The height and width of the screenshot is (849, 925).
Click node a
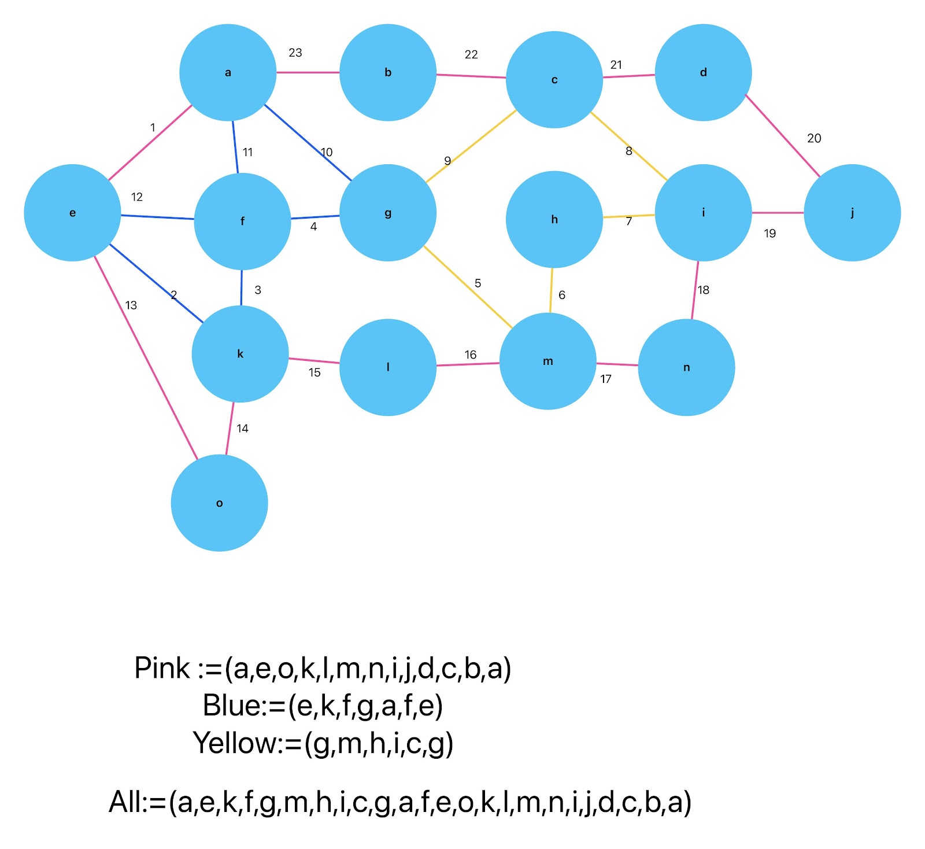[x=228, y=72]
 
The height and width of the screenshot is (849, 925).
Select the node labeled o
[x=219, y=503]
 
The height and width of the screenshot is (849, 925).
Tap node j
[x=852, y=212]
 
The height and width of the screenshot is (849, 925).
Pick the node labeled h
[x=554, y=219]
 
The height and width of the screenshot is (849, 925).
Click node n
[x=686, y=367]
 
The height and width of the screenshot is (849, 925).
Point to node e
[x=72, y=212]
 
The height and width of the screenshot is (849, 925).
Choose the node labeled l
[x=387, y=367]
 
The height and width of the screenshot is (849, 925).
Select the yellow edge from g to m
[x=468, y=287]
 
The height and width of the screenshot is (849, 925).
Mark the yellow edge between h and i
[x=628, y=216]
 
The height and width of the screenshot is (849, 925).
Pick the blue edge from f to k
[x=242, y=287]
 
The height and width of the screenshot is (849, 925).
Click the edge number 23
[x=295, y=53]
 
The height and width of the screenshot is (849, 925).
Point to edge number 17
[x=606, y=379]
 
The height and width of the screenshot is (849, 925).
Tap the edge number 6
[x=562, y=295]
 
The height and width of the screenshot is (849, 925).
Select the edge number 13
[x=131, y=305]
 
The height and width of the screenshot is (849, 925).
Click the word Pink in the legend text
[x=161, y=669]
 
